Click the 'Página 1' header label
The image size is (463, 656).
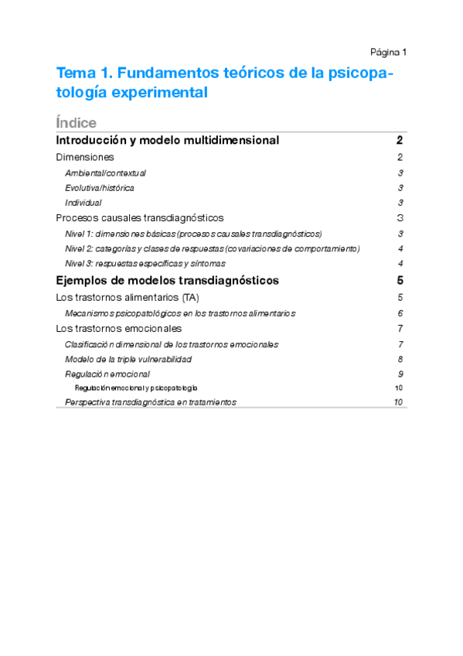click(x=388, y=53)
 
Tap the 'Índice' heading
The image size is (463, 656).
click(x=77, y=123)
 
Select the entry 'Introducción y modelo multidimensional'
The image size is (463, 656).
click(x=168, y=141)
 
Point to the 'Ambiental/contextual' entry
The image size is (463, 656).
click(x=105, y=173)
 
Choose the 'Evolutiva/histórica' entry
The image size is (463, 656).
click(x=100, y=188)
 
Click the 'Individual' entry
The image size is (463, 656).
click(x=83, y=203)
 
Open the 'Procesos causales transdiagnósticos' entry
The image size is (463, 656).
click(x=141, y=218)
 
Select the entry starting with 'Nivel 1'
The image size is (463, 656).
click(x=193, y=234)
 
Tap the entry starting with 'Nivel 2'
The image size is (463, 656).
click(x=213, y=248)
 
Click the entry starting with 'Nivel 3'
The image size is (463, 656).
click(x=145, y=264)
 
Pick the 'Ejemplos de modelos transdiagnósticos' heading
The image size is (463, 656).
click(x=168, y=280)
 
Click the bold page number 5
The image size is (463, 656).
click(x=400, y=280)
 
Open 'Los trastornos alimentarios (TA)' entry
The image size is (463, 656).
click(x=128, y=297)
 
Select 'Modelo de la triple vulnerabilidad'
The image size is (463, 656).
click(x=128, y=359)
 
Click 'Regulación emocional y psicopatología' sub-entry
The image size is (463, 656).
click(x=136, y=388)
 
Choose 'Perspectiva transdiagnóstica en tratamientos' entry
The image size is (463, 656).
click(x=151, y=402)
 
